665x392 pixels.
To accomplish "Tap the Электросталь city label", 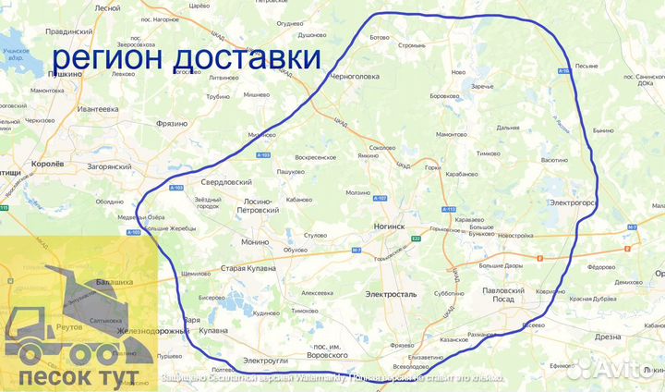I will (391, 294).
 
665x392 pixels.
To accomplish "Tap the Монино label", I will (255, 241).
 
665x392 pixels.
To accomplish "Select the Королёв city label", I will (42, 163).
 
